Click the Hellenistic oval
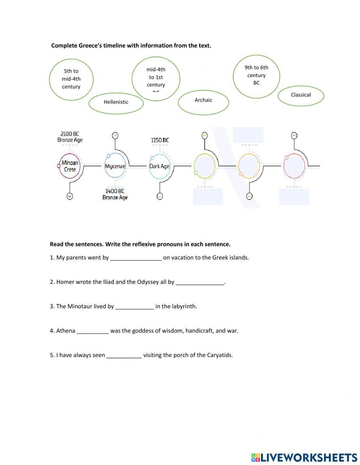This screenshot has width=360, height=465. (x=116, y=102)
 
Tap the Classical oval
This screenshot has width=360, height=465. (x=301, y=95)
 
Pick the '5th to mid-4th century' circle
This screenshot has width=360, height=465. (x=71, y=79)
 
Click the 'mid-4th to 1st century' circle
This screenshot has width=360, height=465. (x=156, y=77)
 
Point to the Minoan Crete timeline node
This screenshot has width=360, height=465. (x=70, y=166)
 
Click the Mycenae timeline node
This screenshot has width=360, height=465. (x=115, y=166)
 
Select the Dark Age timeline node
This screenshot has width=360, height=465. (x=159, y=166)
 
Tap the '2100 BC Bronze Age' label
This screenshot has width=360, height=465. (x=70, y=137)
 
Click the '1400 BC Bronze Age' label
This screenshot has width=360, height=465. (x=115, y=194)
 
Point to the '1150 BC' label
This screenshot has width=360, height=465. (x=160, y=140)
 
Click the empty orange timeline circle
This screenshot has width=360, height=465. (x=249, y=166)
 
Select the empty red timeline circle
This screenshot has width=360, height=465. (x=294, y=166)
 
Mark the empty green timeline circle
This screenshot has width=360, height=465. (x=204, y=166)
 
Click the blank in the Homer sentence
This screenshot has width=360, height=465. (x=200, y=282)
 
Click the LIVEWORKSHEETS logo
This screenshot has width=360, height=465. (x=304, y=457)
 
